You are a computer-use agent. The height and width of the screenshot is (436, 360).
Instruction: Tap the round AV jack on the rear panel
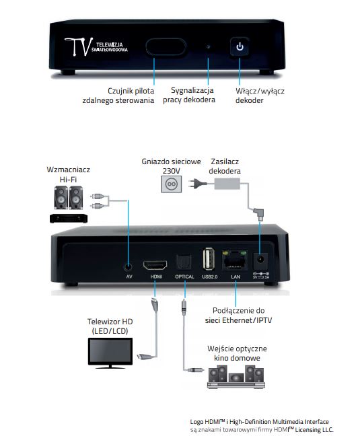pyautogui.click(x=128, y=260)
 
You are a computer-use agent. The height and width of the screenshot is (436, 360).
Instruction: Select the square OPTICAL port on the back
pyautogui.click(x=184, y=260)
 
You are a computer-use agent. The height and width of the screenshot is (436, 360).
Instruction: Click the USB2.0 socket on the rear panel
pyautogui.click(x=208, y=259)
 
